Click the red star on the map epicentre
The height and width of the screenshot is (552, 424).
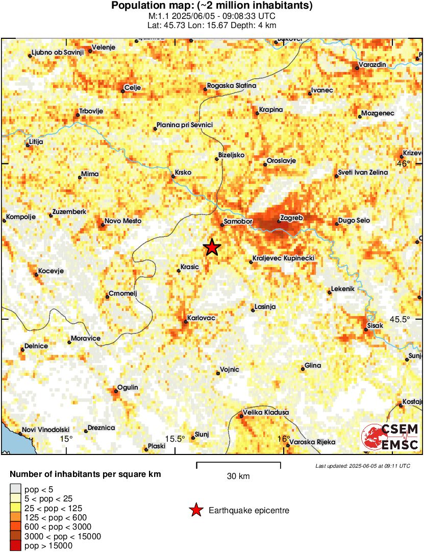point(212,247)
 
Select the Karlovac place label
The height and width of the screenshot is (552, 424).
point(201,318)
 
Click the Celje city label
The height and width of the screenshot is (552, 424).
point(133,87)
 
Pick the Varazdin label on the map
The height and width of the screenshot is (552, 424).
point(372,65)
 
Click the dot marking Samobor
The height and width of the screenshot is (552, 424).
point(222,224)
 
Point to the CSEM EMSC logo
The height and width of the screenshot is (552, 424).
point(390,437)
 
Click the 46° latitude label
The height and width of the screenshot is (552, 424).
point(403,164)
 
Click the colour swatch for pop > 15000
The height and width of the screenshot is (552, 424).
point(15,546)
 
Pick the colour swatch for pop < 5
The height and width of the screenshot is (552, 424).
point(15,489)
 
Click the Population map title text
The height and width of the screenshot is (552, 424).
point(212,6)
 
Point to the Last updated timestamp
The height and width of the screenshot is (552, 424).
point(362,466)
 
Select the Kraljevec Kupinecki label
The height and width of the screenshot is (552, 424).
point(284,259)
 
